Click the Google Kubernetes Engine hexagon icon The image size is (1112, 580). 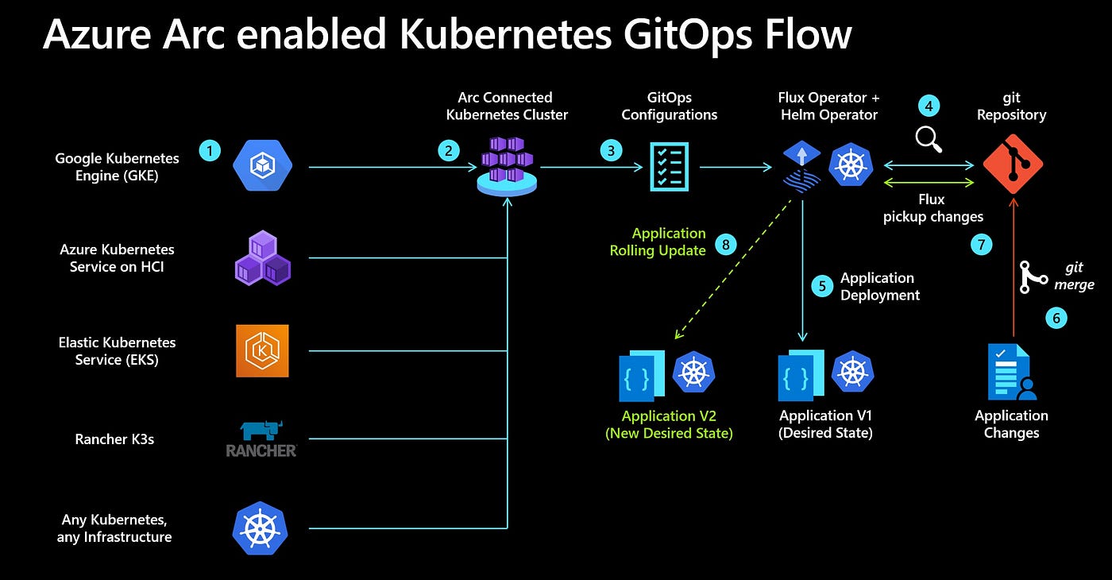(262, 166)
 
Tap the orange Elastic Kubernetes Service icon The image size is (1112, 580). (262, 350)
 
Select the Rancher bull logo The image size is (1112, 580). (261, 439)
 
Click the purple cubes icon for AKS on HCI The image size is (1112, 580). (262, 257)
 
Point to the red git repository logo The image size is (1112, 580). (1013, 164)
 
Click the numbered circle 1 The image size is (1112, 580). (210, 150)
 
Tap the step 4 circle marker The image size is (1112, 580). (929, 106)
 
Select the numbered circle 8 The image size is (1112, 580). (725, 244)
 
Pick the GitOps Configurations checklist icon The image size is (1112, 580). (669, 167)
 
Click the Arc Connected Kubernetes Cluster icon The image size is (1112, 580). (506, 166)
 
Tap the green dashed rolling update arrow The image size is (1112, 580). (732, 270)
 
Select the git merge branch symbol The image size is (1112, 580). (1033, 276)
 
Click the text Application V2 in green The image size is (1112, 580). (670, 416)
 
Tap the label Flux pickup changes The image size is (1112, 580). (932, 208)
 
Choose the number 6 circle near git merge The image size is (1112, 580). (1056, 319)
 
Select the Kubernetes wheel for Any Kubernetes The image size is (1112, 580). (260, 528)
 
